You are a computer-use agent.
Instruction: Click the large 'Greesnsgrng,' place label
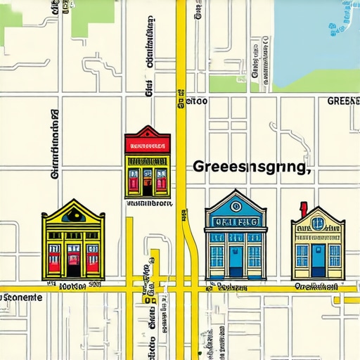coord(250,168)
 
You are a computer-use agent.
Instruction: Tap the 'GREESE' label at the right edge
coord(343,101)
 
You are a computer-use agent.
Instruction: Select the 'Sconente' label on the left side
coord(21,297)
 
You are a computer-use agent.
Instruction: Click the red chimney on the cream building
coord(304,209)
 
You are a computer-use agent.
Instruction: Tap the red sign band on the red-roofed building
coord(147,147)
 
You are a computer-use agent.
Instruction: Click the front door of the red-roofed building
coord(147,185)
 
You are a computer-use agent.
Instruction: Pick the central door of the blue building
coord(235,261)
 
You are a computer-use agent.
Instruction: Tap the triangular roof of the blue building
coord(235,202)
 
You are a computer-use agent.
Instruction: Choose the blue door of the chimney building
coord(318,261)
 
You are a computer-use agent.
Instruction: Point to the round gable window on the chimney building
coord(318,224)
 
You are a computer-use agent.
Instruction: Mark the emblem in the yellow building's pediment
coord(73,217)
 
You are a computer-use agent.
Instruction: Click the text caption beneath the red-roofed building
coord(148,203)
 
